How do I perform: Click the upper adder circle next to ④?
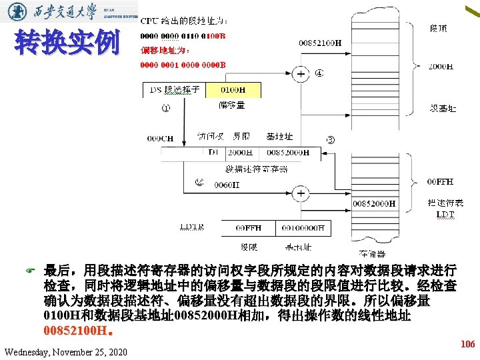click(302, 74)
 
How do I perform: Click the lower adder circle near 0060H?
click(301, 193)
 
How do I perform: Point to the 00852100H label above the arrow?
click(320, 43)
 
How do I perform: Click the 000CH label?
click(160, 139)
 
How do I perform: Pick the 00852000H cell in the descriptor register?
click(289, 152)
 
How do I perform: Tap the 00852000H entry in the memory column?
click(374, 203)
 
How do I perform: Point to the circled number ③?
click(331, 139)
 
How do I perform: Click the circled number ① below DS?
click(165, 108)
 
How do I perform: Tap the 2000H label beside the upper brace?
click(441, 67)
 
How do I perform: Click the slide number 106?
click(467, 344)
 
